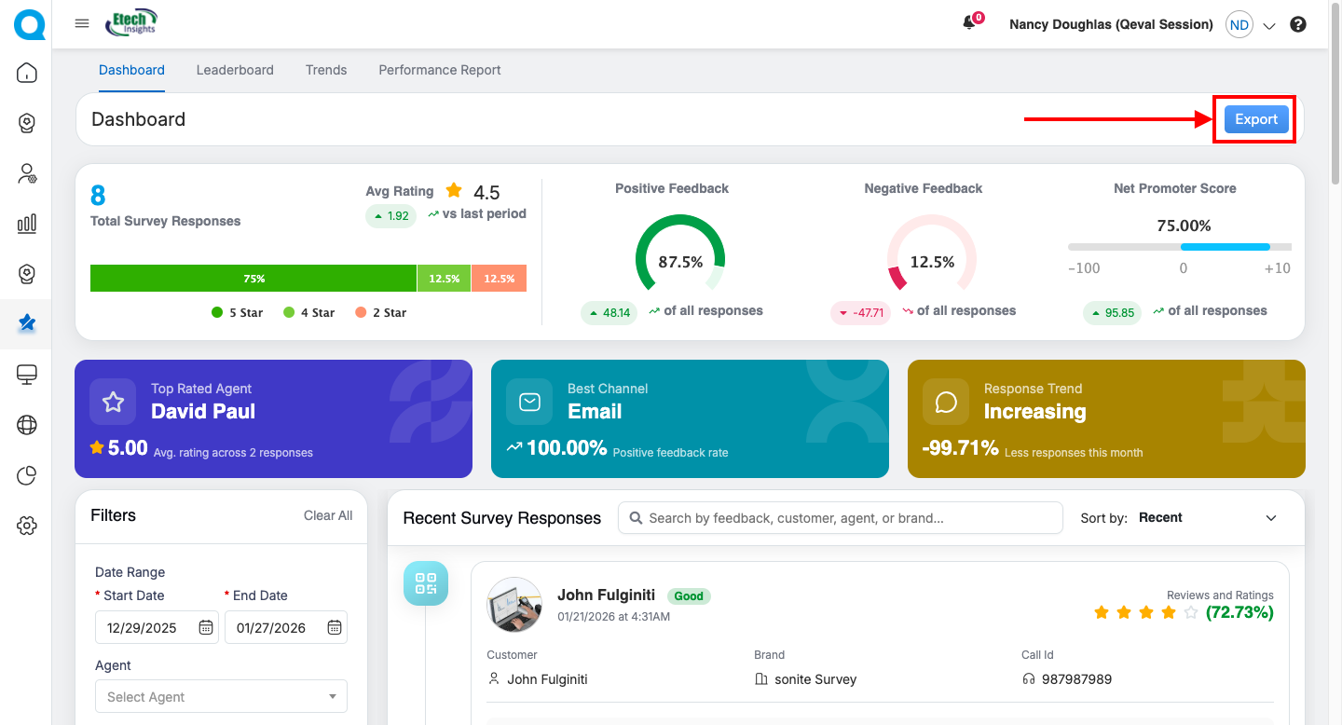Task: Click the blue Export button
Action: point(1255,119)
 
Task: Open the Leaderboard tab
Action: point(235,70)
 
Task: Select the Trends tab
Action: point(326,70)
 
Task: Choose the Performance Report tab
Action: point(440,70)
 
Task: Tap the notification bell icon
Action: point(969,24)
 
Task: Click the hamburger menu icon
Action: point(82,24)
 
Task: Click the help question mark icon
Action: point(1298,25)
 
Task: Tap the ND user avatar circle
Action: point(1239,25)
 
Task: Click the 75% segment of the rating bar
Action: point(253,279)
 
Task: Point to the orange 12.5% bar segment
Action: point(499,279)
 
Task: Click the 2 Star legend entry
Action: point(381,313)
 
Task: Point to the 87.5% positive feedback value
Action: point(680,263)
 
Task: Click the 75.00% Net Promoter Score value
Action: point(1184,226)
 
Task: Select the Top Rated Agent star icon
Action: point(113,402)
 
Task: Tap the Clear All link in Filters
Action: point(328,515)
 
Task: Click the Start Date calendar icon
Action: point(206,628)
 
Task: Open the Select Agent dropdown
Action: point(221,697)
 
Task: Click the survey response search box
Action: point(840,518)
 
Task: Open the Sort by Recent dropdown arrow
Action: point(1271,518)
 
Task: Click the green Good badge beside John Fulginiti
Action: point(689,596)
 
